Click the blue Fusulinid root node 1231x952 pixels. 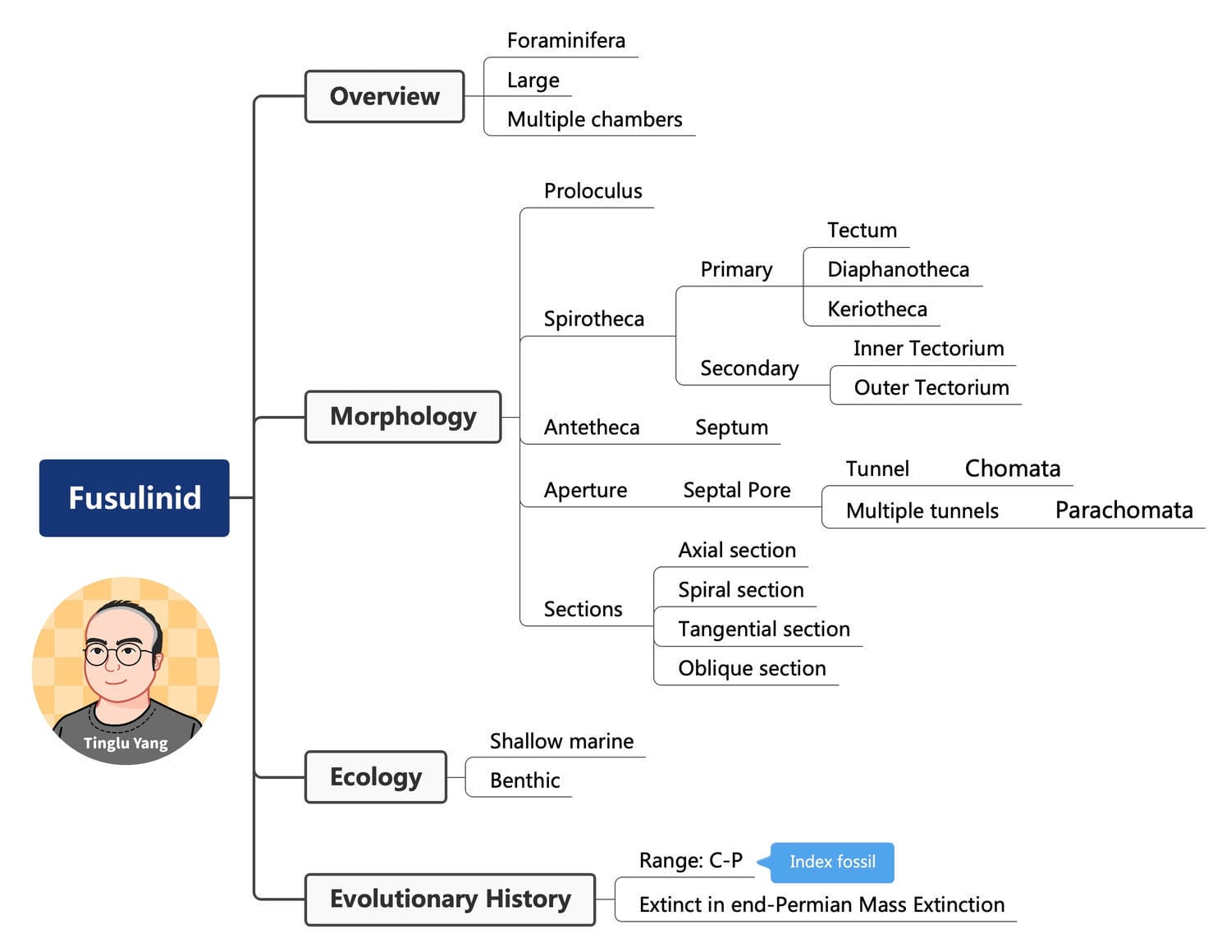pos(135,498)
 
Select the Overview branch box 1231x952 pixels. pos(384,97)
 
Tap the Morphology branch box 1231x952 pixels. pos(403,417)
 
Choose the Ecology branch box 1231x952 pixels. pos(376,777)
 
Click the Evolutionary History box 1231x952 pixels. pos(450,899)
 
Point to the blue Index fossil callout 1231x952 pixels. pos(832,862)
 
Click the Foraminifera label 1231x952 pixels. pos(565,40)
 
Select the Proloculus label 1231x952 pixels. pos(593,191)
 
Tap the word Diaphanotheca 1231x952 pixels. pos(898,270)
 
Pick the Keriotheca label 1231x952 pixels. pos(876,309)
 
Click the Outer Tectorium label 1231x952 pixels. pos(931,388)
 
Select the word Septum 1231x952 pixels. pos(731,428)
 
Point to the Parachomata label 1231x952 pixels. pos(1123,510)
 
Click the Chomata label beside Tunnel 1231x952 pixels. pos(1012,469)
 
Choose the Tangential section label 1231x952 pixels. pos(763,629)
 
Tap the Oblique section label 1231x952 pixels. pos(752,669)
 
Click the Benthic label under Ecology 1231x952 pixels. pos(524,780)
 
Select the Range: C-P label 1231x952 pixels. pos(690,861)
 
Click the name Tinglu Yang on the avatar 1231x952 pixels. pos(126,744)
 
